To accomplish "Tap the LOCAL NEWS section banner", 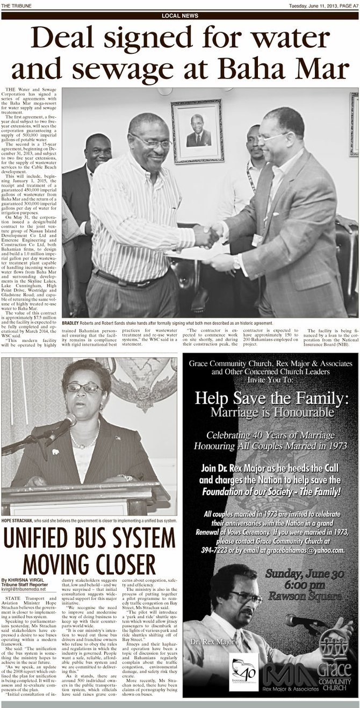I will [x=179, y=16].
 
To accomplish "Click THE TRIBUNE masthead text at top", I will [x=16, y=5].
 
